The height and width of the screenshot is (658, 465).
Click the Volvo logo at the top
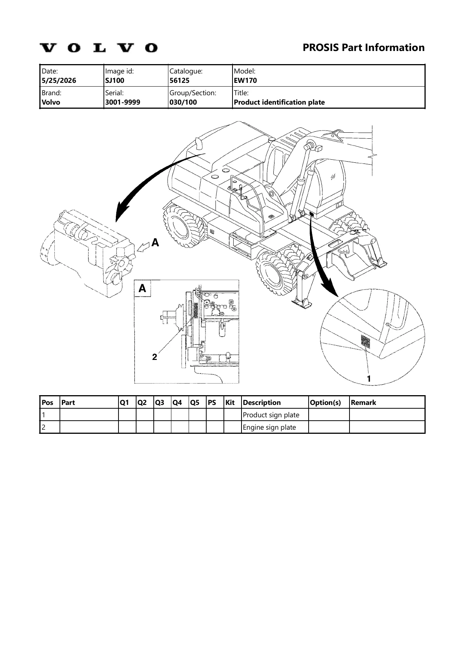99,48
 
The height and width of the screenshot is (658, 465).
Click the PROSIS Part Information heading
363,48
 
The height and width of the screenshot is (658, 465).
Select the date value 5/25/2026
59,80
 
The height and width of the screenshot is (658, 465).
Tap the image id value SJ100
115,80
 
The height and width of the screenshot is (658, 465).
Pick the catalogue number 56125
180,80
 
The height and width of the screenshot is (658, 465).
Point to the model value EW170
245,80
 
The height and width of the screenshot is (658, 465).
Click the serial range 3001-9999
123,102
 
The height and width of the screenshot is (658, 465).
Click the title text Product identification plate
279,102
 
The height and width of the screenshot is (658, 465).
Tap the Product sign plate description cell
271,415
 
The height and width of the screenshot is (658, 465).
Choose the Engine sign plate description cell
270,427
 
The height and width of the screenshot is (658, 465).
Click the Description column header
262,403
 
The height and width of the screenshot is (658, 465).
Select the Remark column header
363,403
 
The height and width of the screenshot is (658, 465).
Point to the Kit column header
230,403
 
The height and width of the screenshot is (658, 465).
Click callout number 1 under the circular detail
369,379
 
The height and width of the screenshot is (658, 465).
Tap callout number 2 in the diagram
154,357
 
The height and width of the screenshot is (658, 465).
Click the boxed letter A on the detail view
142,289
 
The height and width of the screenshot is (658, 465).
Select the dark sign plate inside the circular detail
365,342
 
